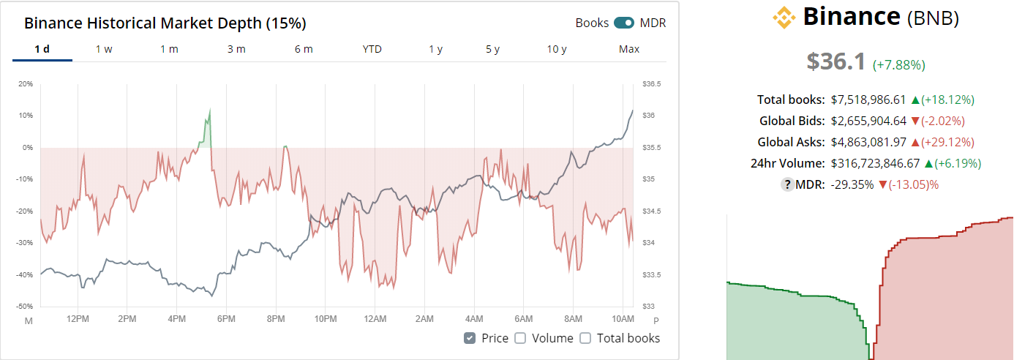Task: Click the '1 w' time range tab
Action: click(104, 49)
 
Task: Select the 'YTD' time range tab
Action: click(372, 49)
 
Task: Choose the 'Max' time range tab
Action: click(629, 49)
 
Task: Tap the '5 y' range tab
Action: click(492, 49)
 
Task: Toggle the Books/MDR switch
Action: click(624, 23)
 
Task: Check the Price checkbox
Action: click(470, 338)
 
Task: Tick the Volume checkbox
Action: click(520, 338)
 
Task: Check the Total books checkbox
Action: click(585, 338)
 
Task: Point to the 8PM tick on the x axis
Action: click(276, 320)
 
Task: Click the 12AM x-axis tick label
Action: click(375, 320)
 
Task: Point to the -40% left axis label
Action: click(25, 275)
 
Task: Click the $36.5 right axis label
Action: click(651, 84)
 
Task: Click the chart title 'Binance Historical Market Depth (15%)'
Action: click(165, 23)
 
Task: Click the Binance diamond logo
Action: click(784, 17)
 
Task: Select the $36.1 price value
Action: click(836, 61)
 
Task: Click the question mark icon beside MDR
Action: click(788, 184)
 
